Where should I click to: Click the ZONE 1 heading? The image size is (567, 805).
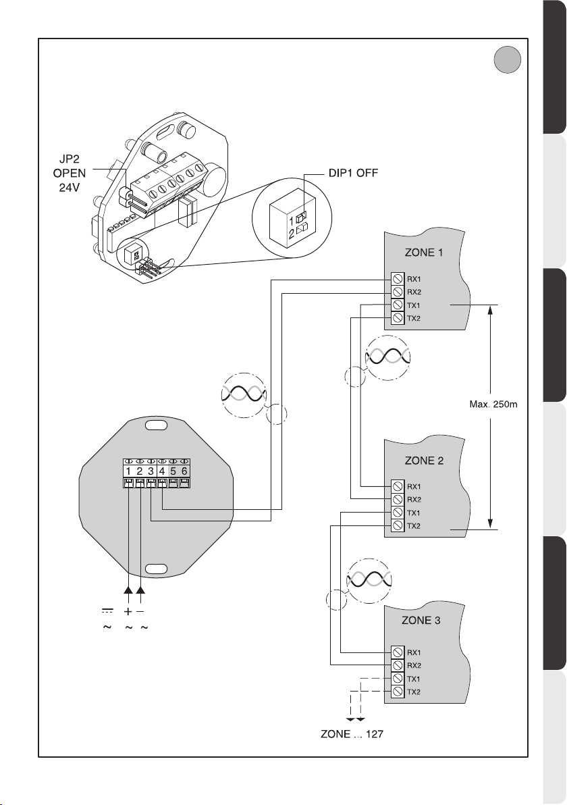point(424,253)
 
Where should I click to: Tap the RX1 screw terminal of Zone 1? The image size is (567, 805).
point(397,279)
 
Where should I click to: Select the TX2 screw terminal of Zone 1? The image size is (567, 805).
point(397,318)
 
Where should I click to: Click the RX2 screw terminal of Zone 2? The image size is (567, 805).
point(397,499)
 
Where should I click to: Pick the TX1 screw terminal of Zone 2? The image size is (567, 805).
point(397,513)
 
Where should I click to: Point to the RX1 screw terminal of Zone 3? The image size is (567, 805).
point(397,652)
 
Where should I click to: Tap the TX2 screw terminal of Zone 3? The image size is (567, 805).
point(397,692)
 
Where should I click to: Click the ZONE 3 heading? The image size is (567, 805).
point(421,620)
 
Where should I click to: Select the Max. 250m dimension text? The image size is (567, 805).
point(493,404)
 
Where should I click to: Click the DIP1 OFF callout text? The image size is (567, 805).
point(353,173)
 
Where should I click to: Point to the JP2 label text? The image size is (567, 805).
point(70,159)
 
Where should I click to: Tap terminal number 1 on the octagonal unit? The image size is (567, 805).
point(128,471)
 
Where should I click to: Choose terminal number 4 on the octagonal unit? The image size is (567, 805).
point(162,471)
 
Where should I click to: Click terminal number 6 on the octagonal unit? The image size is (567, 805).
point(184,471)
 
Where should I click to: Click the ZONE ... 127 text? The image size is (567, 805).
point(352,734)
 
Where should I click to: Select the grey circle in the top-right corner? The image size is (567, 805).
point(508,60)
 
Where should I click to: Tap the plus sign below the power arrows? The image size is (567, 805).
point(128,611)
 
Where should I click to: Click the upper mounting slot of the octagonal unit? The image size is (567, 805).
point(156,425)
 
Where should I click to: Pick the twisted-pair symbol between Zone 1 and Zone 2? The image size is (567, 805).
point(388,357)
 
